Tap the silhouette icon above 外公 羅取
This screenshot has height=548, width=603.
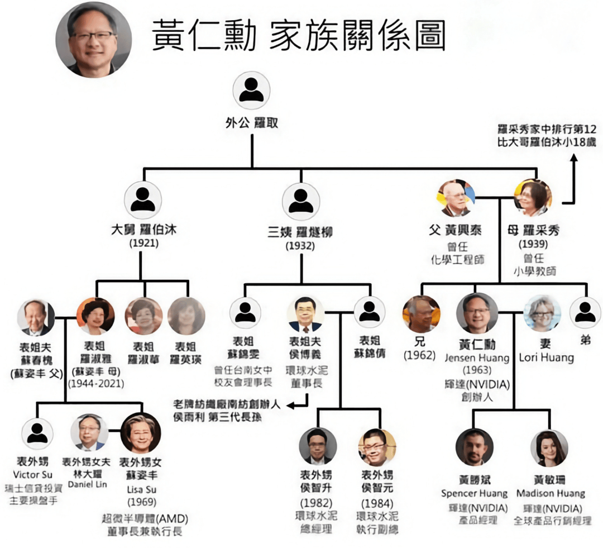click(x=251, y=90)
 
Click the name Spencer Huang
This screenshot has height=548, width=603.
click(x=474, y=493)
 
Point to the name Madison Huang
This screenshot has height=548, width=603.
click(x=550, y=493)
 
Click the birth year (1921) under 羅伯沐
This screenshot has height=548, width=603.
click(x=144, y=244)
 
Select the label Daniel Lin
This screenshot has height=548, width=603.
click(x=88, y=484)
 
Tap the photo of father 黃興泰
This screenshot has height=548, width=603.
click(x=456, y=198)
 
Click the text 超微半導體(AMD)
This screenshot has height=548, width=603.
click(x=145, y=517)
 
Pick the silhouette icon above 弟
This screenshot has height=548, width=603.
click(x=585, y=312)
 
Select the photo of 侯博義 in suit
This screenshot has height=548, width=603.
click(x=305, y=314)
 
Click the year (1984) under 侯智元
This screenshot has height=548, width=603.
click(x=377, y=503)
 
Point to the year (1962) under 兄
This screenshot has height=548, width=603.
click(x=420, y=355)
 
